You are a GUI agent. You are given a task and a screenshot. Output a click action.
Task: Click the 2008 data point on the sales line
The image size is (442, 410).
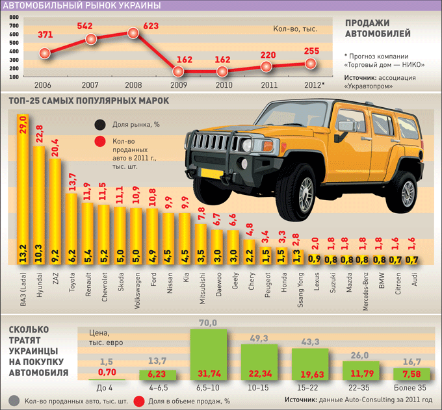[x=133, y=33]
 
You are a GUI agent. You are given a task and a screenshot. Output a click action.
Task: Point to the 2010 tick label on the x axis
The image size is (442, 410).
[x=222, y=85]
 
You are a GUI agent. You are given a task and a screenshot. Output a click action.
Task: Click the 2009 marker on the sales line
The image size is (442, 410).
[x=177, y=71]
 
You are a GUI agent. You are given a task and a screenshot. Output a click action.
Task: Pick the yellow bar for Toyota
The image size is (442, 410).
[x=72, y=231]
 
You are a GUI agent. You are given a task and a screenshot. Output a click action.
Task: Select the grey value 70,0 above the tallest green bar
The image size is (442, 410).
[x=208, y=323]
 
